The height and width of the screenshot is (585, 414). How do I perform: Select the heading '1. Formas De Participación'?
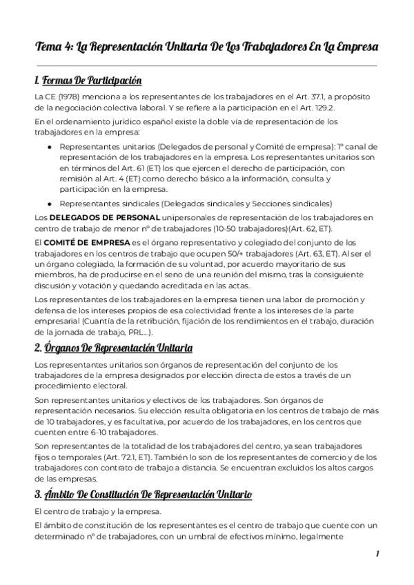pos(88,81)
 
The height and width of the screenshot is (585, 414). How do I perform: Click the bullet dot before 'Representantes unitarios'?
pos(49,147)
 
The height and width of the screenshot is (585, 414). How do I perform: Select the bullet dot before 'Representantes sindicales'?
pos(49,204)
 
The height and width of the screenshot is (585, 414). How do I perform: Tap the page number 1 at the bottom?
pos(377,553)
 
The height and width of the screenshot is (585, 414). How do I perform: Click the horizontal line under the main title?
pos(206,66)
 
